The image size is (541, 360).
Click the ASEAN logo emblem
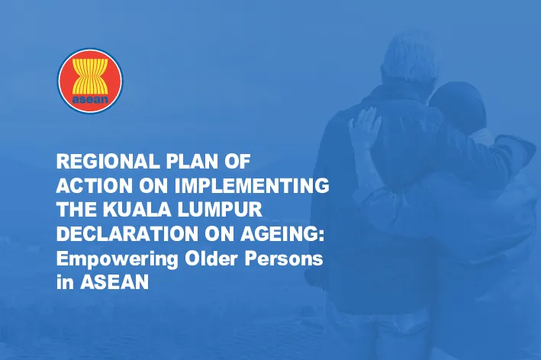pyautogui.click(x=90, y=80)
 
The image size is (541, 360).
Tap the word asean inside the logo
pyautogui.click(x=90, y=99)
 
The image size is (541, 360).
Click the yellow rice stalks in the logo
pyautogui.click(x=90, y=76)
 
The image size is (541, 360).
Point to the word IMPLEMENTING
pyautogui.click(x=252, y=185)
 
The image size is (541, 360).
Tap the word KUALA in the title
pyautogui.click(x=137, y=210)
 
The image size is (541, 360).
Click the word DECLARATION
pyautogui.click(x=127, y=234)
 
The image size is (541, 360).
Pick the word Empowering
pyautogui.click(x=117, y=259)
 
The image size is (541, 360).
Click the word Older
pyautogui.click(x=211, y=259)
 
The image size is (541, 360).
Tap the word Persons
pyautogui.click(x=284, y=259)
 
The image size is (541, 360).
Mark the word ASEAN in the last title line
pyautogui.click(x=114, y=282)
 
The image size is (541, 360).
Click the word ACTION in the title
pyautogui.click(x=94, y=185)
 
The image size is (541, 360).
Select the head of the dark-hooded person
pyautogui.click(x=458, y=104)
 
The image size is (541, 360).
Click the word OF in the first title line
pyautogui.click(x=237, y=162)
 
